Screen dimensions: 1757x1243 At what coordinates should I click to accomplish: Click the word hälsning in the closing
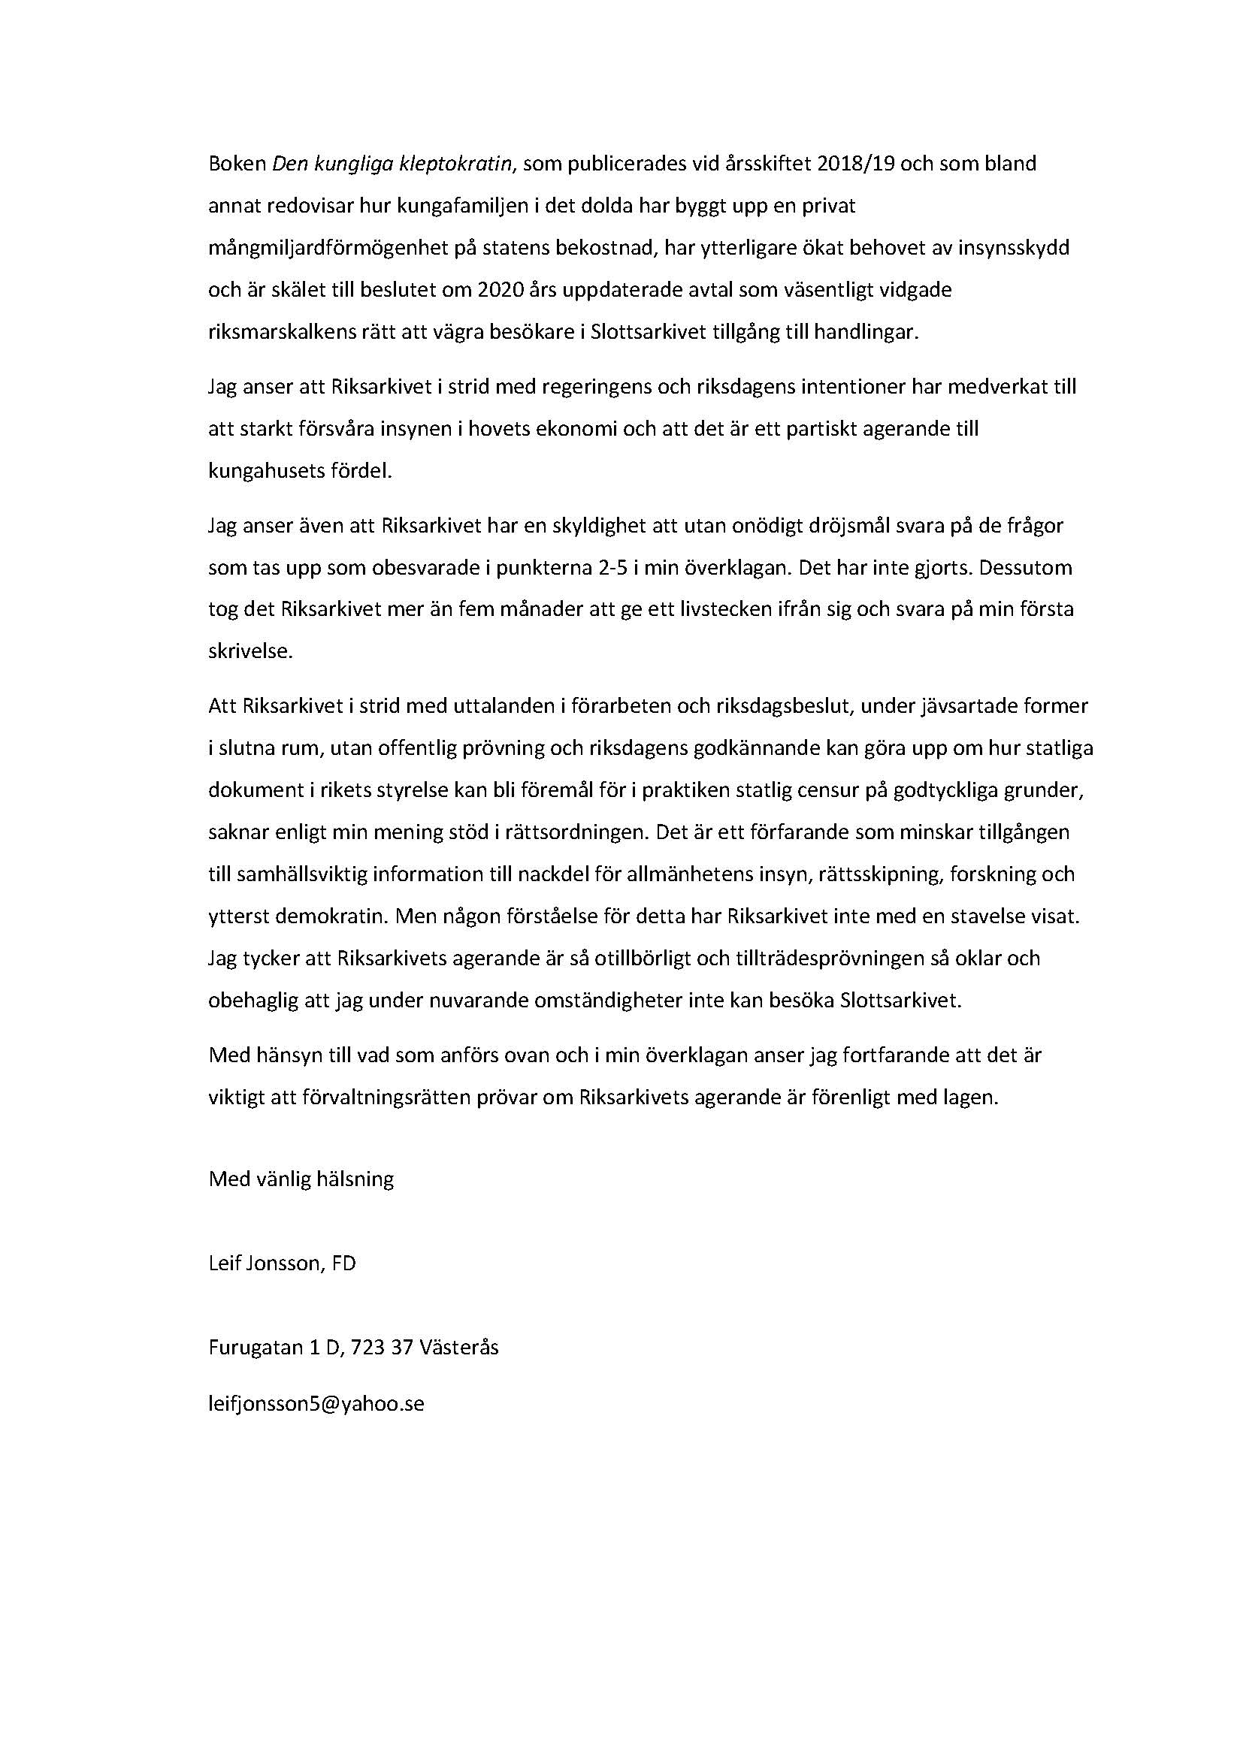[x=358, y=1179]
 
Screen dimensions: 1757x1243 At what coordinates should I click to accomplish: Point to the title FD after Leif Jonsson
[x=343, y=1263]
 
